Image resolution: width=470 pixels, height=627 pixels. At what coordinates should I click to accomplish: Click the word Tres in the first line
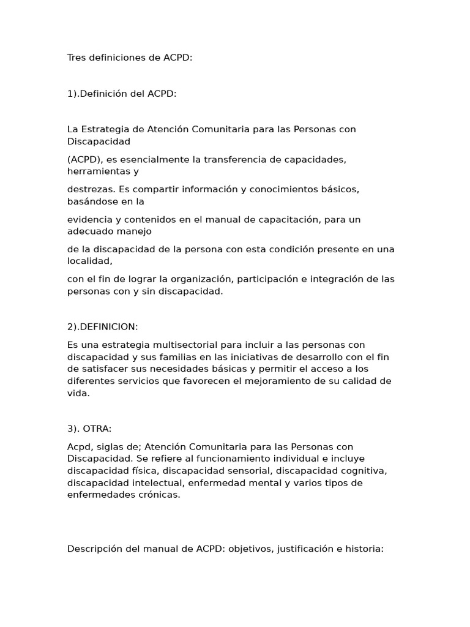pyautogui.click(x=76, y=58)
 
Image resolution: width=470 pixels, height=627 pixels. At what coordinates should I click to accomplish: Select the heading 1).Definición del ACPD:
pyautogui.click(x=122, y=94)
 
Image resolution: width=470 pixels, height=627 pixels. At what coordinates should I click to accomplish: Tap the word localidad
pyautogui.click(x=89, y=260)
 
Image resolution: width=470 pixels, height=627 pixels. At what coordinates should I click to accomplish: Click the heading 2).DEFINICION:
pyautogui.click(x=103, y=327)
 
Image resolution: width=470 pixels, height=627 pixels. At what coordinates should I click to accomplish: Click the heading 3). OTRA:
pyautogui.click(x=89, y=429)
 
